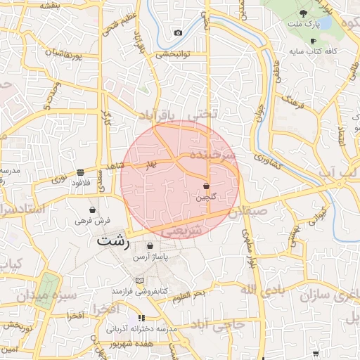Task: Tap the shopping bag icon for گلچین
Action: [206, 186]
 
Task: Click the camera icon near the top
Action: [178, 33]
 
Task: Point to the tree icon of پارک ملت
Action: [304, 13]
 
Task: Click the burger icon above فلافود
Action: [82, 172]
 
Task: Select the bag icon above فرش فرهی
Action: [92, 210]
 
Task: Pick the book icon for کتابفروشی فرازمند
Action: [139, 280]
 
